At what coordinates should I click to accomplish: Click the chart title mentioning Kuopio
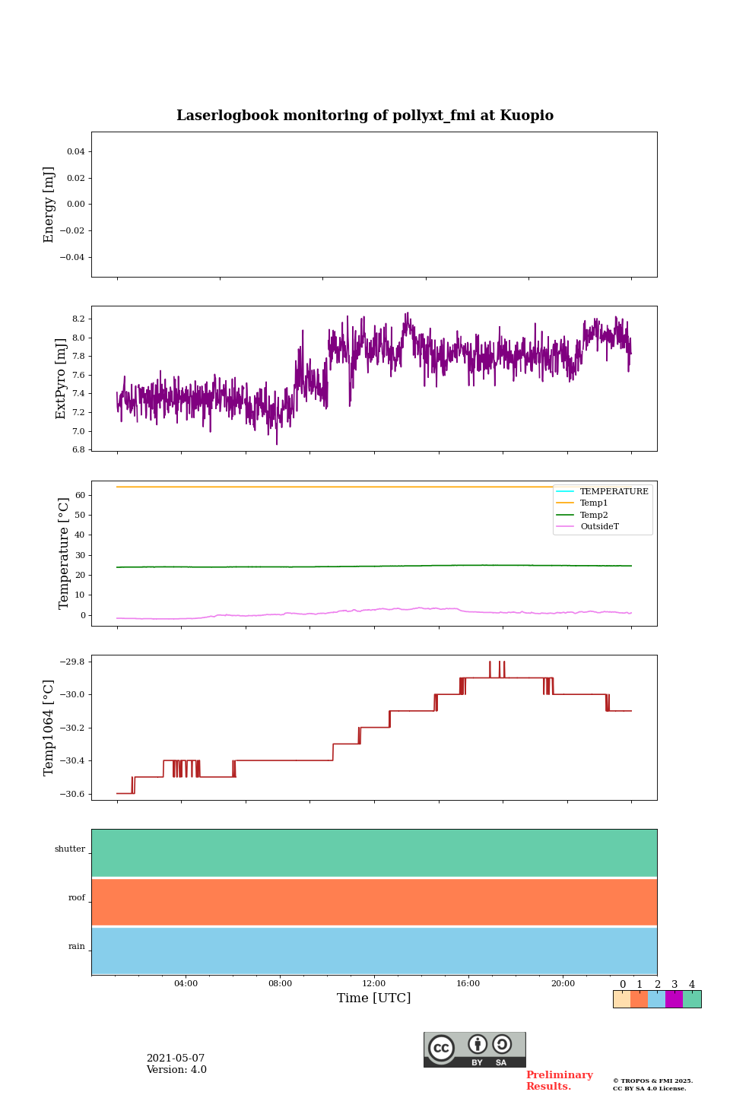pos(365,116)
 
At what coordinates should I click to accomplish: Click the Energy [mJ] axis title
pos(49,205)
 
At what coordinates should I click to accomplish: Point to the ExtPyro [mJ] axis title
pos(61,379)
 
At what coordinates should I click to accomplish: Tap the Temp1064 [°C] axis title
pos(49,728)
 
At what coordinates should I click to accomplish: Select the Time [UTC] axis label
pos(374,998)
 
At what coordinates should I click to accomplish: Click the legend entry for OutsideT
pos(599,526)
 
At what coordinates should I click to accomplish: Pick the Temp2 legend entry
pos(594,515)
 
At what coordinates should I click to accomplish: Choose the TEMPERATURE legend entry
pos(614,491)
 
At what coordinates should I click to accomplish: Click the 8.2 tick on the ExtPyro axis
pos(78,319)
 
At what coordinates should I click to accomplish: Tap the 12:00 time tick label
pos(374,983)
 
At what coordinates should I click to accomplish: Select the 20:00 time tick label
pos(563,983)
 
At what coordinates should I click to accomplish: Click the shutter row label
pos(70,849)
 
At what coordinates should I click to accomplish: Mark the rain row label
pos(77,947)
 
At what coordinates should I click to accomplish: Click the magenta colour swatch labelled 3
pos(674,999)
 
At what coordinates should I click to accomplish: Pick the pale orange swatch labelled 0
pos(622,999)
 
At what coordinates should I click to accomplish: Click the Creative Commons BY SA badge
pos(474,1049)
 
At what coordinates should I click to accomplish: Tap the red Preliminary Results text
pos(559,1081)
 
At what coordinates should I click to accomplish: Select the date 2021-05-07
pos(176,1058)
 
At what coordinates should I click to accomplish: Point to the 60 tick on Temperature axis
pos(79,495)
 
